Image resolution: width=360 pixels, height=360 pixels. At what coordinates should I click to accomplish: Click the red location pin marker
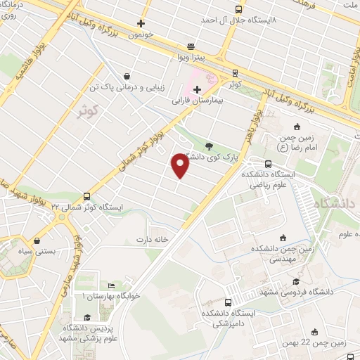(x=180, y=165)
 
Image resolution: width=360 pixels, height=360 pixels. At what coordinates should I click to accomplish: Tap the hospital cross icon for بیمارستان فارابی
(x=197, y=89)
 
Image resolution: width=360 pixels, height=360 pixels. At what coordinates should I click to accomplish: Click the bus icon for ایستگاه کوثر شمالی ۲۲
(x=86, y=196)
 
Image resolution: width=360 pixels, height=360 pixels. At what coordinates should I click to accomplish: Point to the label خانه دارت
(x=153, y=239)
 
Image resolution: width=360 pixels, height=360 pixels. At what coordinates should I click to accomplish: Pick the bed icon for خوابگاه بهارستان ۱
(x=110, y=285)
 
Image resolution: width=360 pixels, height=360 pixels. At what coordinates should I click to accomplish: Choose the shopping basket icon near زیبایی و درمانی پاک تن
(x=126, y=77)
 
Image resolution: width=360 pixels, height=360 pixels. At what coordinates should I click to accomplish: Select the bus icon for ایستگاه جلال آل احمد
(x=238, y=9)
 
